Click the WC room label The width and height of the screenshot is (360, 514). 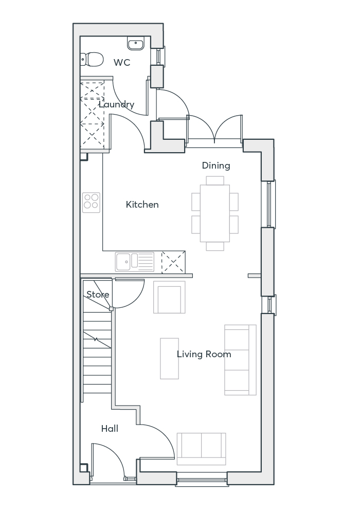(122, 63)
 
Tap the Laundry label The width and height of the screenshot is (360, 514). (117, 105)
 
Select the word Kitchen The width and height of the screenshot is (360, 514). (142, 205)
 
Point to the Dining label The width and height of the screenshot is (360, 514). (216, 166)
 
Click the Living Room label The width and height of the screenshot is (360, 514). (204, 354)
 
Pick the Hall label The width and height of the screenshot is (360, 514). (110, 429)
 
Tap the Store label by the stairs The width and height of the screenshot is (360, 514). (98, 295)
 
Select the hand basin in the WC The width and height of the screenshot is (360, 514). (136, 43)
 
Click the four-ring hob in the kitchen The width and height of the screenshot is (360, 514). (92, 202)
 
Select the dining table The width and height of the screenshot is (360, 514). (215, 213)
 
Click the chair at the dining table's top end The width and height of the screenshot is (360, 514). (215, 180)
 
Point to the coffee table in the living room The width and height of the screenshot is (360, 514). (170, 358)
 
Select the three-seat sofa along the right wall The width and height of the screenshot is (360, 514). (240, 360)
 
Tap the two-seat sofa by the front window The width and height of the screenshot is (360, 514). (201, 445)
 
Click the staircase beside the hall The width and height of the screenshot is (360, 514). (97, 350)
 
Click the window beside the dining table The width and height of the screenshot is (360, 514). (271, 204)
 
